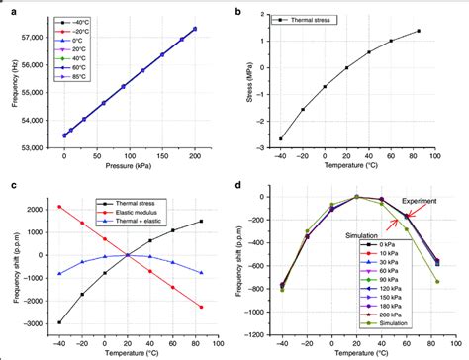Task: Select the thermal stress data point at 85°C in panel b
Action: [x=446, y=31]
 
